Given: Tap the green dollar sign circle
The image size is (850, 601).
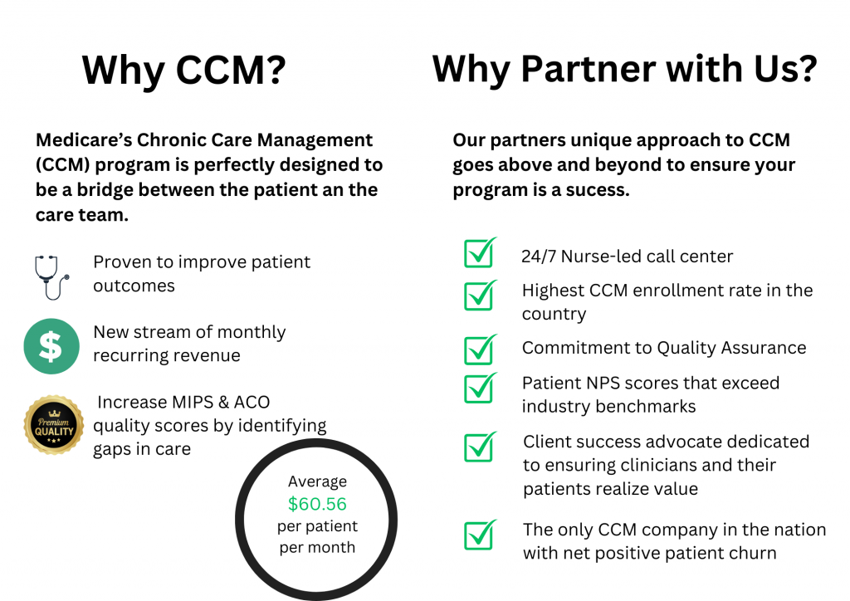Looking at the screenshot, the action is [x=51, y=346].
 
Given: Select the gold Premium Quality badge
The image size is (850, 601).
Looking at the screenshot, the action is [x=54, y=425].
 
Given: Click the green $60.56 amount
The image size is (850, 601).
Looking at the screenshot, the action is [x=317, y=504].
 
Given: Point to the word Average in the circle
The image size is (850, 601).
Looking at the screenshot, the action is [x=317, y=481].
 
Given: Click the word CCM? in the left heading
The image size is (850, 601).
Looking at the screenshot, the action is [x=231, y=70].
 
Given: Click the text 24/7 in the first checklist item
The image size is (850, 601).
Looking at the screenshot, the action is [x=539, y=257].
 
